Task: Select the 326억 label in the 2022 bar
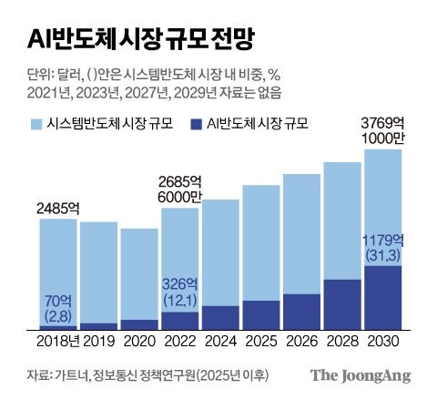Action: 179,283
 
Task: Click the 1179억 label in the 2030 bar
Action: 383,241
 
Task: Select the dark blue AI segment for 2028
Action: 342,305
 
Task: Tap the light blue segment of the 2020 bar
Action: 139,273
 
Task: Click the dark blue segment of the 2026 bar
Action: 301,312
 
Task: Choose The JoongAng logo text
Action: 361,375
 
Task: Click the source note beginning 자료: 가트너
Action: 127,376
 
